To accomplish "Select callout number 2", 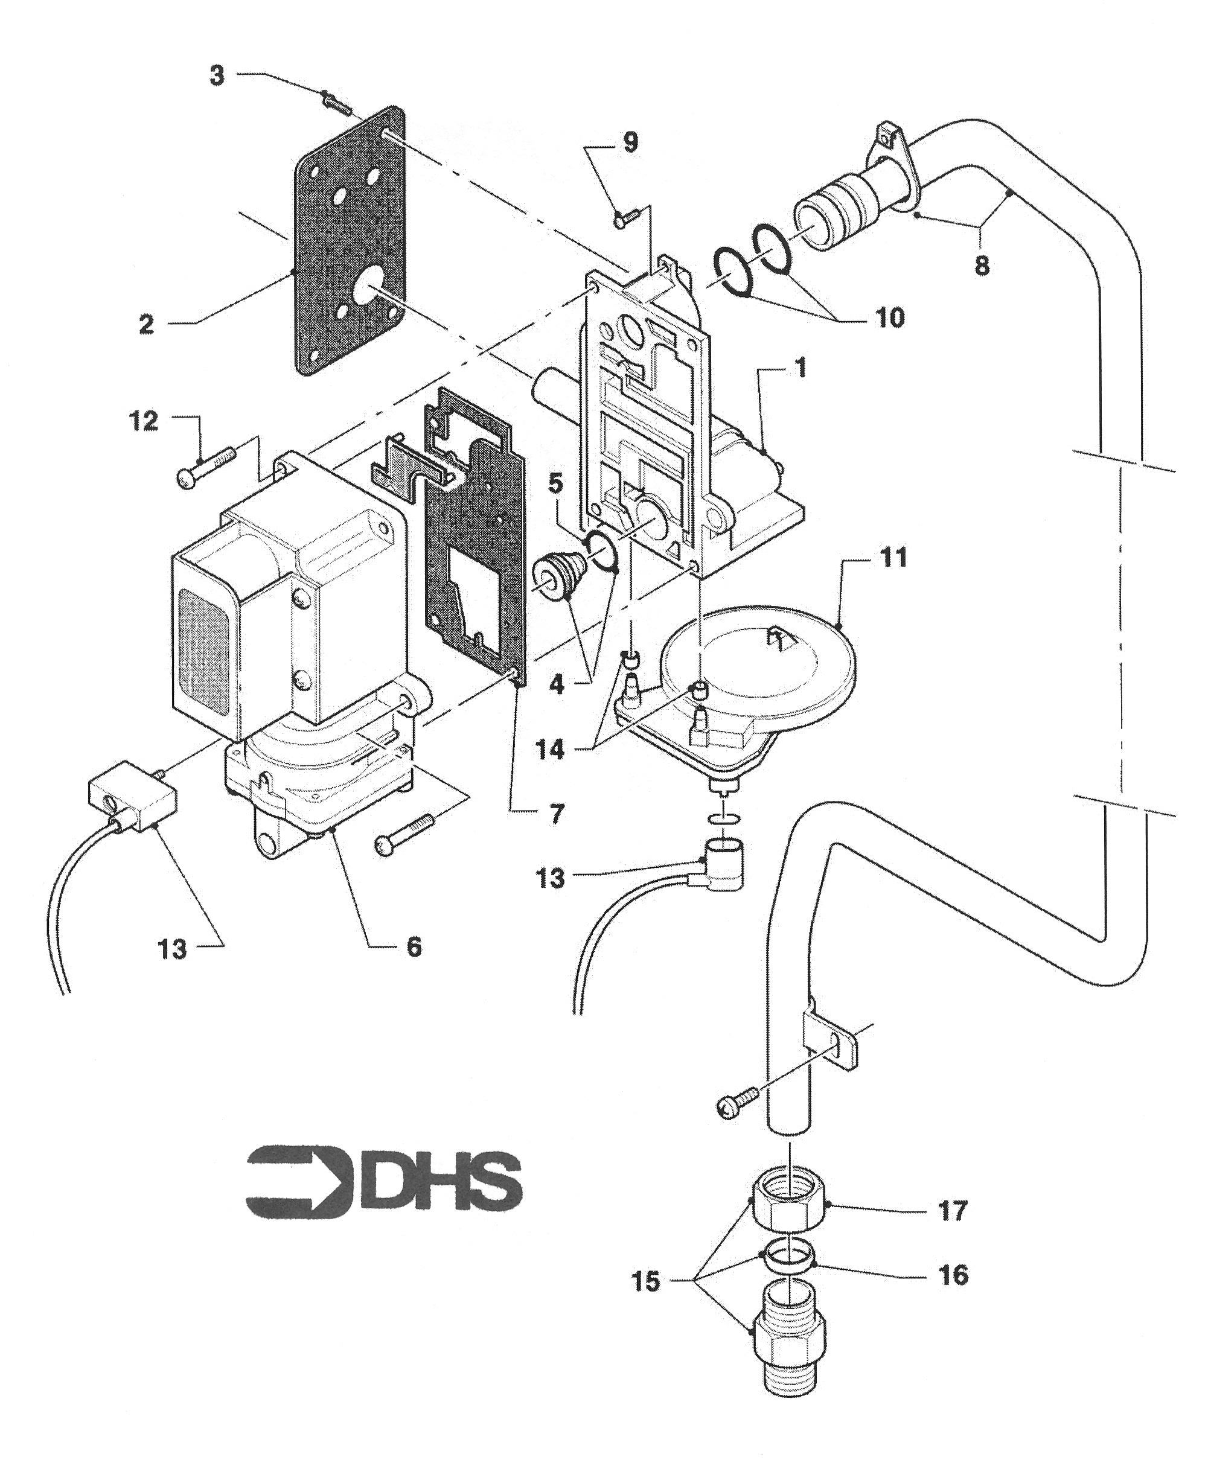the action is click(x=146, y=324).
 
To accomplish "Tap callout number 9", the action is click(x=630, y=142).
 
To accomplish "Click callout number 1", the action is click(x=801, y=369).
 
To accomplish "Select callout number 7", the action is click(x=555, y=814).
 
